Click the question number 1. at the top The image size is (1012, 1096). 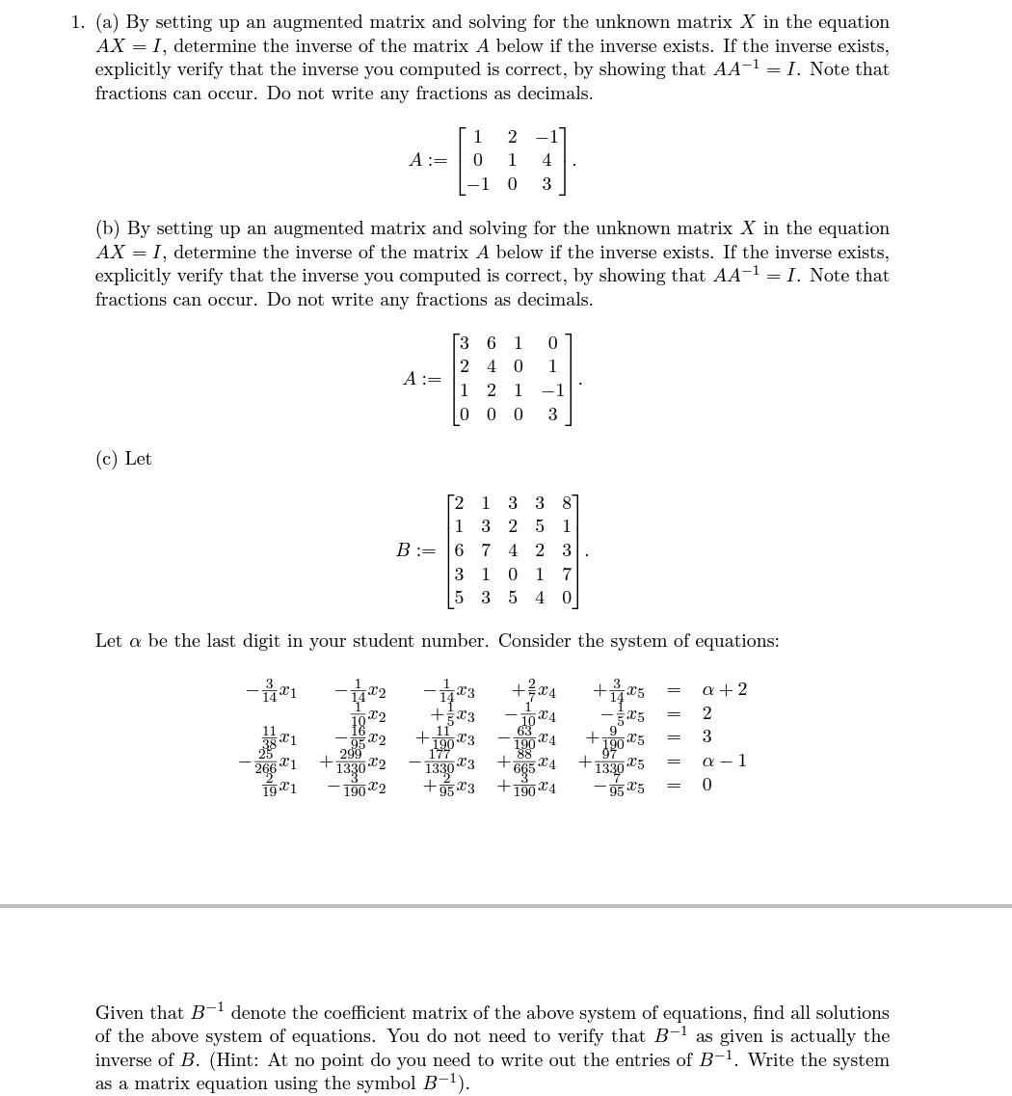coord(78,22)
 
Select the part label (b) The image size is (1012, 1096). coord(108,228)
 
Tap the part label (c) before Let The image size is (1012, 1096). coord(108,459)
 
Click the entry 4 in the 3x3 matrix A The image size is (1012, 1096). coord(546,160)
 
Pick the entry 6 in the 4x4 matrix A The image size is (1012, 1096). coord(492,343)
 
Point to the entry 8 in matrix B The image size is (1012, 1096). coord(567,502)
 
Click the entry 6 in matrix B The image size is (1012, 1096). coord(459,550)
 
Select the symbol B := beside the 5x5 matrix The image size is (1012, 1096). coord(415,550)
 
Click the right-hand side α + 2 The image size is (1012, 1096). coord(724,690)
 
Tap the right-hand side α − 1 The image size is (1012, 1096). coord(724,762)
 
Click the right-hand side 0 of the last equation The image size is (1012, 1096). coord(706,785)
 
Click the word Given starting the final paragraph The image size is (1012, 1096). coord(119,1013)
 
